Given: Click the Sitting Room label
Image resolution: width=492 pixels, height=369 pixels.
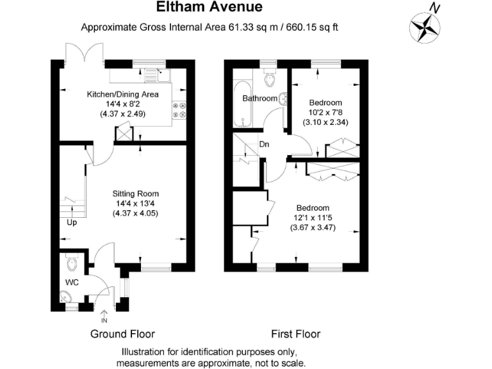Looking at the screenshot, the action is pyautogui.click(x=135, y=193).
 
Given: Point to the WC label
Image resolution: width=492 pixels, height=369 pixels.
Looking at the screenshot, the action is pyautogui.click(x=71, y=282).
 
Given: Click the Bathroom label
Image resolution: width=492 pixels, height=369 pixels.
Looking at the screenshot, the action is pyautogui.click(x=259, y=99).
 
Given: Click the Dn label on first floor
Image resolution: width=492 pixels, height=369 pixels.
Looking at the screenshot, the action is pyautogui.click(x=263, y=144).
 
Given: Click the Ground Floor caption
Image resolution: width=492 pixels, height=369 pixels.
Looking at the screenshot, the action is pyautogui.click(x=122, y=334).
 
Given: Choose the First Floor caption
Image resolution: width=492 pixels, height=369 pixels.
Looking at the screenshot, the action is pyautogui.click(x=295, y=334).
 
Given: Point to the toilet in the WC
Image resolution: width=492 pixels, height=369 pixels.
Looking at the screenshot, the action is pyautogui.click(x=72, y=263).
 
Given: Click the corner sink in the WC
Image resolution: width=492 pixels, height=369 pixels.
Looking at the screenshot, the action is pyautogui.click(x=67, y=296).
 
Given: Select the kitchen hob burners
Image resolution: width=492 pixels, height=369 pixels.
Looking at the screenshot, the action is pyautogui.click(x=179, y=110).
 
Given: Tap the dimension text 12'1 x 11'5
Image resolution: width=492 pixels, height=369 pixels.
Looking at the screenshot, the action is pyautogui.click(x=312, y=218).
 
